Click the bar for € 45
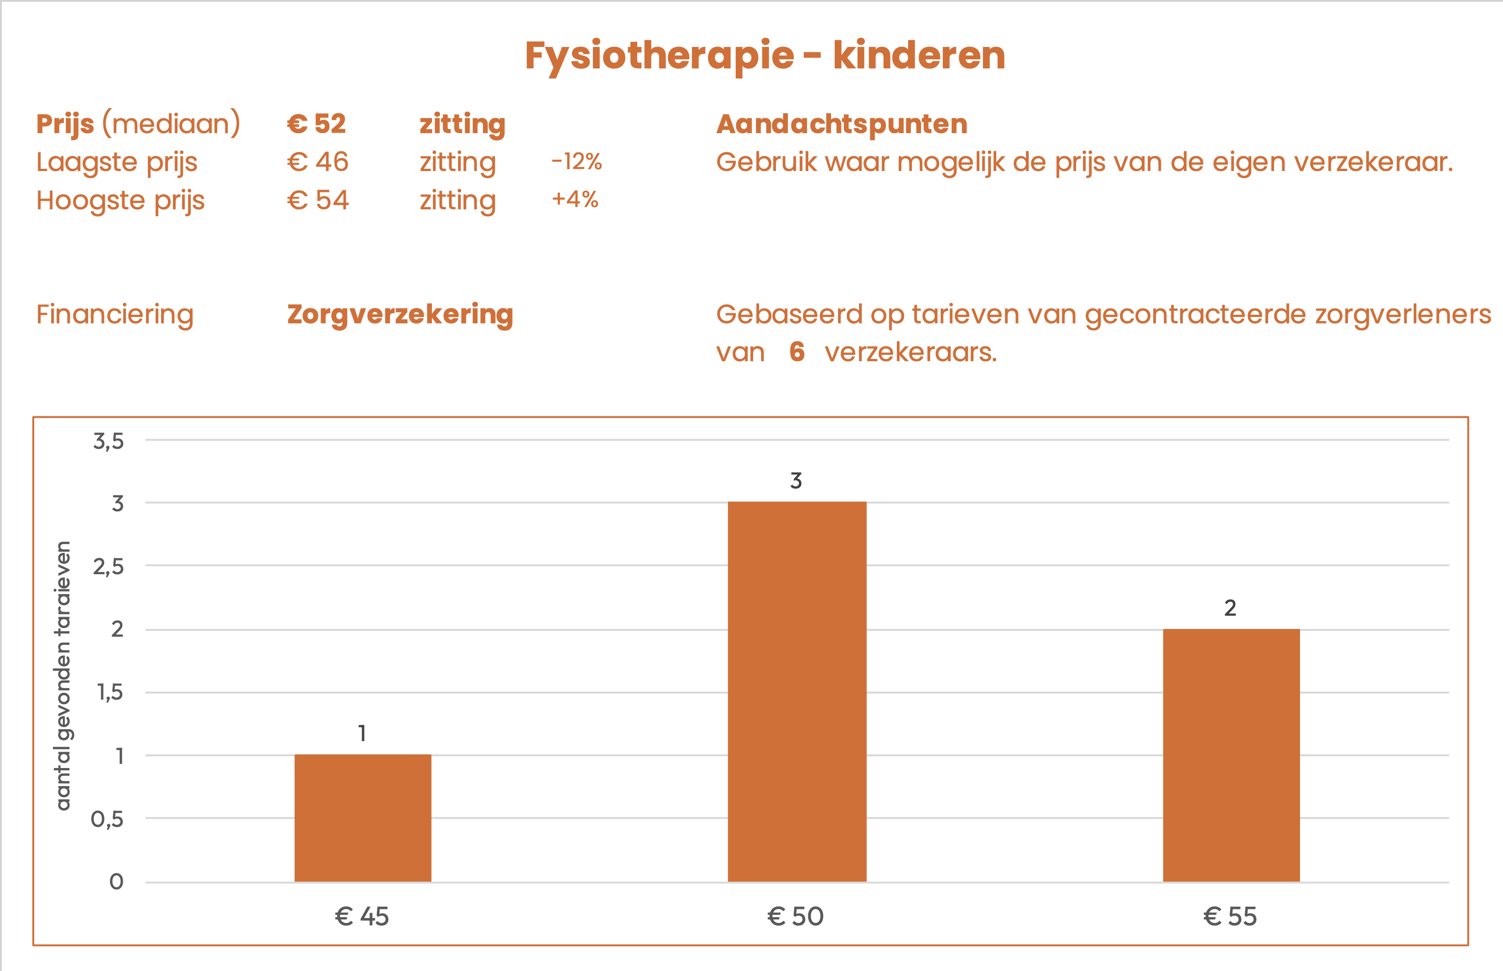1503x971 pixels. click(363, 818)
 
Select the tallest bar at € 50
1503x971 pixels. click(797, 692)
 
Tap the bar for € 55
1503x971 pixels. click(1231, 755)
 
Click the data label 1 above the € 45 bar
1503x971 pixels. click(362, 733)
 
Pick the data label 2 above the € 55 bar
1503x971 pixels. click(1230, 608)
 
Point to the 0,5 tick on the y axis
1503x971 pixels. click(107, 819)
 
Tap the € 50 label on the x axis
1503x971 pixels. click(796, 916)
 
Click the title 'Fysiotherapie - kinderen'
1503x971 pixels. click(765, 56)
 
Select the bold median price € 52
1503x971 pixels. click(317, 124)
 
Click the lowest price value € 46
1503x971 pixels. click(318, 162)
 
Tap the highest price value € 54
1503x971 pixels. click(318, 201)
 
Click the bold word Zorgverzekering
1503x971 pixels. click(400, 314)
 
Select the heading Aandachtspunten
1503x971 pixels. click(842, 124)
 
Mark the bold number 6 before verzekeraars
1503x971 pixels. click(797, 352)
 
